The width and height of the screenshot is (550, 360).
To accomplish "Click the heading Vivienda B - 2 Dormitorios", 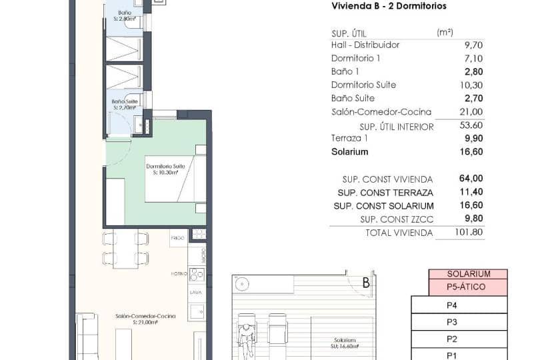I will pyautogui.click(x=389, y=6).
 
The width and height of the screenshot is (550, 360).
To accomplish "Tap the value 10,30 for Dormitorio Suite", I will pyautogui.click(x=471, y=85).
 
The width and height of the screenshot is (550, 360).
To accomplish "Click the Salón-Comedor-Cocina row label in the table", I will pyautogui.click(x=381, y=112).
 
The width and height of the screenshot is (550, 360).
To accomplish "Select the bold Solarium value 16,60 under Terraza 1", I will pyautogui.click(x=471, y=151).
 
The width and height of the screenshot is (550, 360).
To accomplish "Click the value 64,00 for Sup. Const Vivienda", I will pyautogui.click(x=471, y=179).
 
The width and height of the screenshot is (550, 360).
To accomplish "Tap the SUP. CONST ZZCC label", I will pyautogui.click(x=397, y=219).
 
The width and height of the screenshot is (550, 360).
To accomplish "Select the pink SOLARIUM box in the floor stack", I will pyautogui.click(x=468, y=274).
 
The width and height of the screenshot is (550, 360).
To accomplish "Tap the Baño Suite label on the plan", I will pyautogui.click(x=125, y=103).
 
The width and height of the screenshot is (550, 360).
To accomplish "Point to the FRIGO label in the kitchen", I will pyautogui.click(x=177, y=237).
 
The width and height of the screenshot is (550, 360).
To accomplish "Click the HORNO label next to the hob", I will pyautogui.click(x=179, y=273).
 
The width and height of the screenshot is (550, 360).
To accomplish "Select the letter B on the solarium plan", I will pyautogui.click(x=365, y=283).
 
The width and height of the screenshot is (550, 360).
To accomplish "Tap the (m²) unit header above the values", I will pyautogui.click(x=445, y=32).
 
